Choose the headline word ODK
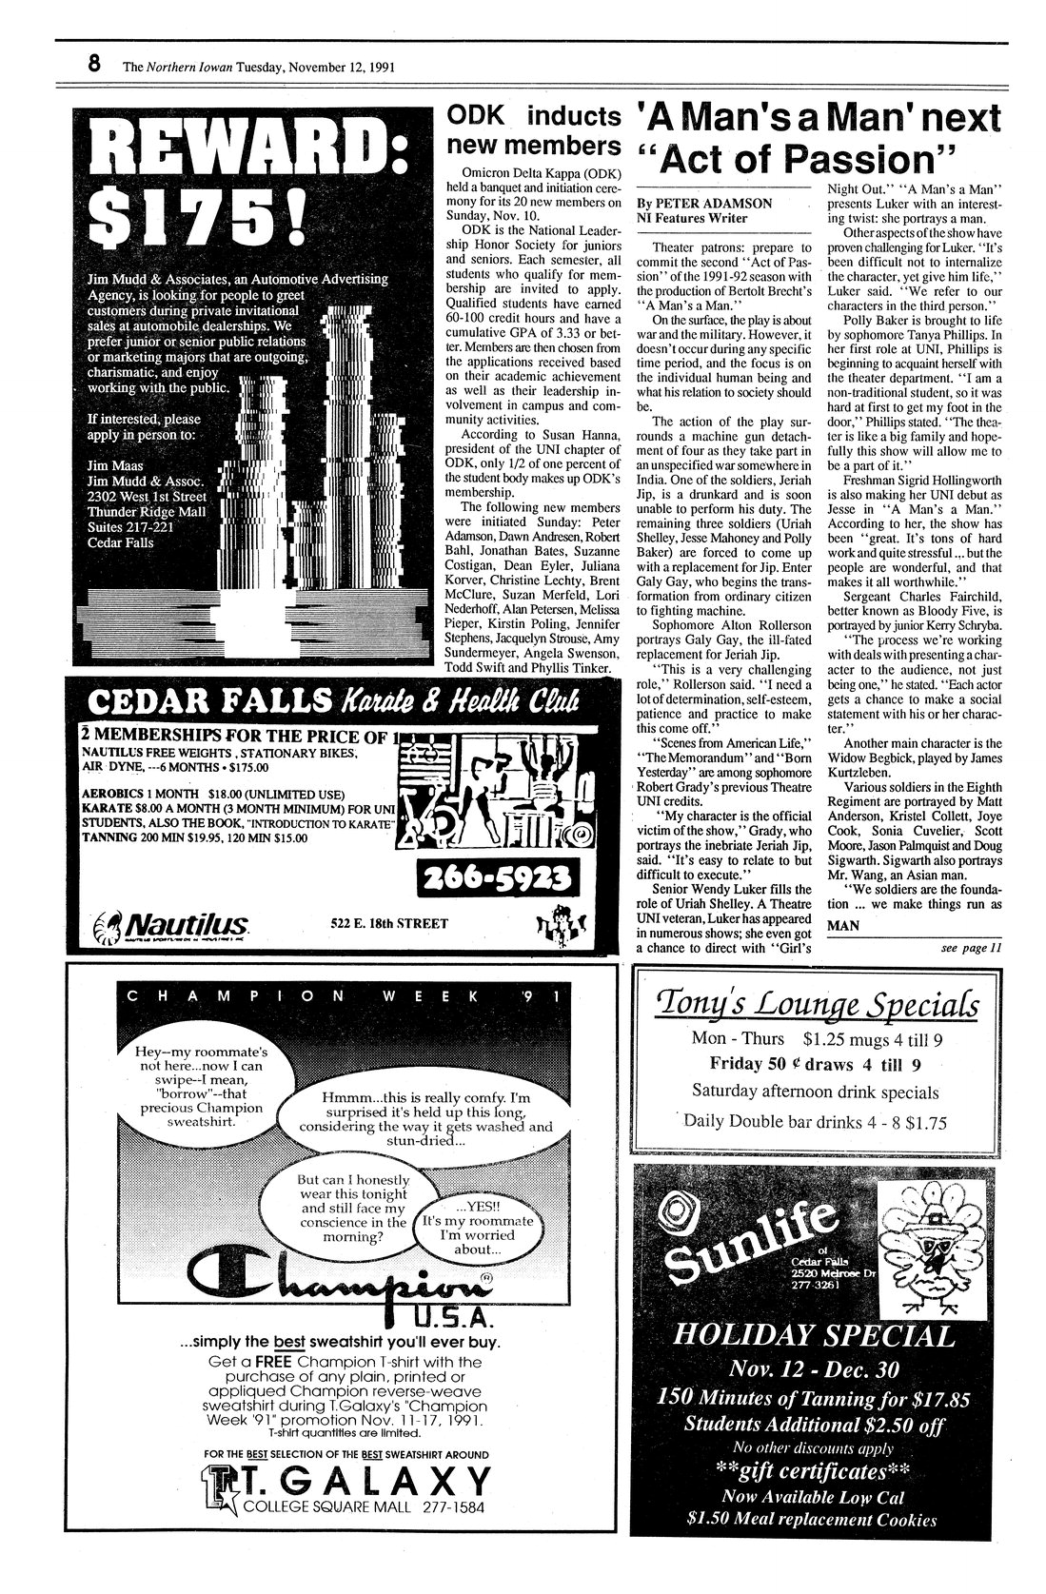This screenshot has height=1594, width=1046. click(x=477, y=116)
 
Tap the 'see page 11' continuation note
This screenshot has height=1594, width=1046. click(x=971, y=947)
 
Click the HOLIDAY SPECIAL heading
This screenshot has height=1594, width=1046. click(x=813, y=1336)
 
